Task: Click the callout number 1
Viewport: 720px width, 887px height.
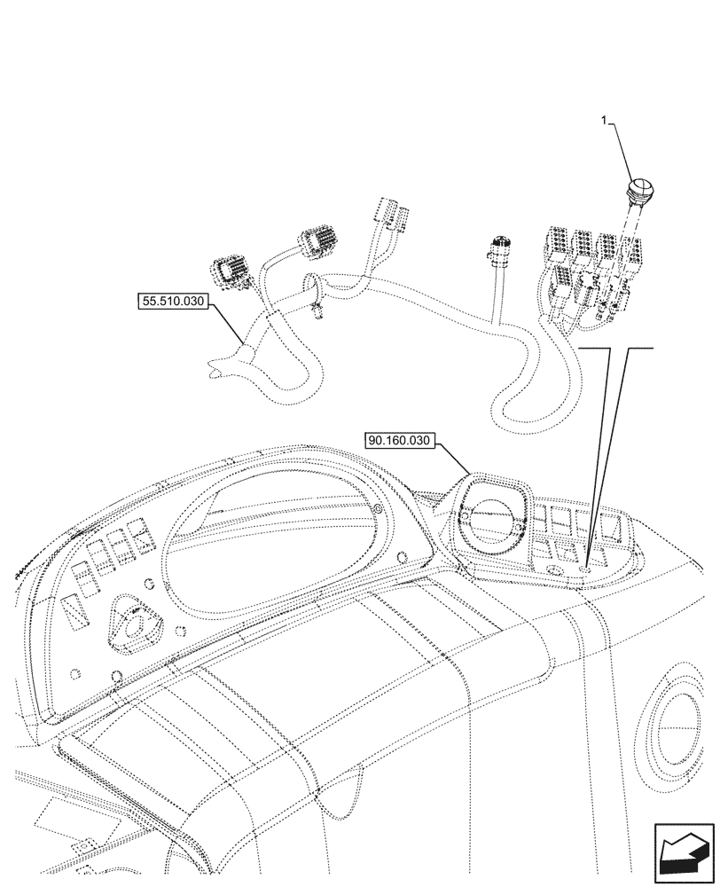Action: [x=607, y=122]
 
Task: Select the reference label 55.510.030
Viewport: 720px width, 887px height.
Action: [x=172, y=302]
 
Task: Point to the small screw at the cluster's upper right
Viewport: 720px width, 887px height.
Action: [x=379, y=511]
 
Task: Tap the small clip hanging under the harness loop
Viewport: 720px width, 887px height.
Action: [x=316, y=311]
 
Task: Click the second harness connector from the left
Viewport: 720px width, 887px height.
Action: [x=317, y=242]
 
